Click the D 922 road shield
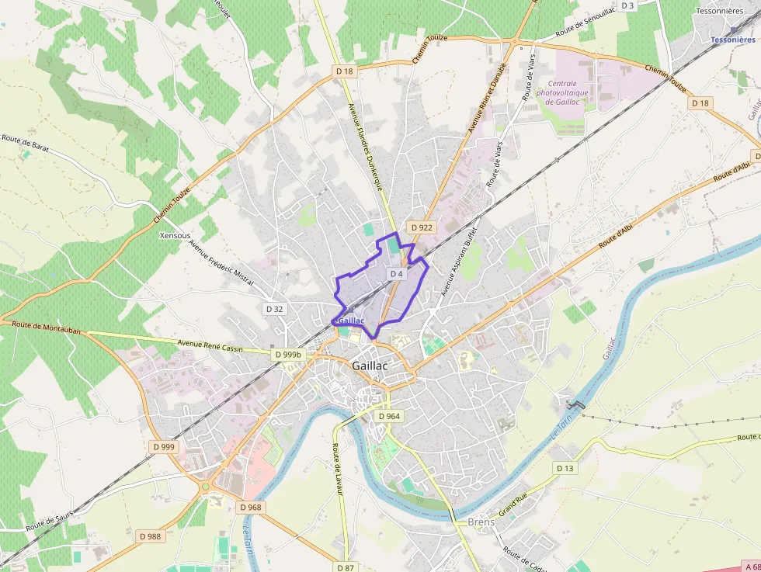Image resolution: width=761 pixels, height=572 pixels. click(x=421, y=227)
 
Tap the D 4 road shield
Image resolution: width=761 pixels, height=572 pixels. click(x=397, y=274)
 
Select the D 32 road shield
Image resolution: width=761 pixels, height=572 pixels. click(x=274, y=309)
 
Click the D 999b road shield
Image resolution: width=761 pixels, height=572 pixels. click(x=288, y=354)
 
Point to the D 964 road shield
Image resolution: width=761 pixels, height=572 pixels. click(x=390, y=416)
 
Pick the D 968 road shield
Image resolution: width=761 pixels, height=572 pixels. click(x=251, y=508)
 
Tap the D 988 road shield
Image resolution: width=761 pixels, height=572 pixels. click(x=151, y=536)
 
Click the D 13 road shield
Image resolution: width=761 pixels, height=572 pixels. click(x=565, y=468)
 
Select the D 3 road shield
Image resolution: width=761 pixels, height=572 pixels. click(x=627, y=6)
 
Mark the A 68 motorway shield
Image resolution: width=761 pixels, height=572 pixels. click(x=750, y=567)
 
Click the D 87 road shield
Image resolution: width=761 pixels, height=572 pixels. click(x=346, y=567)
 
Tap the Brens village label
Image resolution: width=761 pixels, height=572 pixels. click(x=481, y=522)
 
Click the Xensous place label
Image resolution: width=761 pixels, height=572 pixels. click(x=174, y=235)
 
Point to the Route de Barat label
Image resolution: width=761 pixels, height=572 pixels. click(x=26, y=141)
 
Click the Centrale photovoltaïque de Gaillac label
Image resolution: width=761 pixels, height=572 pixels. click(x=562, y=92)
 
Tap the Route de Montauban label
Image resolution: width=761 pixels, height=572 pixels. click(x=47, y=328)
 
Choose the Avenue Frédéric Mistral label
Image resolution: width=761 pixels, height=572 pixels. click(x=221, y=262)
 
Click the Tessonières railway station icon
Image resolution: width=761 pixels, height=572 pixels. click(x=733, y=29)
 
